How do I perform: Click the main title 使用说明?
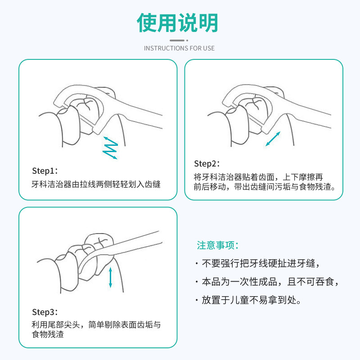coord(179,22)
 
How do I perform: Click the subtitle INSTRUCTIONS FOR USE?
coord(179,48)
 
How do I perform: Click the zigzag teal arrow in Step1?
coord(110,147)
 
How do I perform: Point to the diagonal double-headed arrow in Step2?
coord(273,139)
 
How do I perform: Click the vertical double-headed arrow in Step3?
coord(110,277)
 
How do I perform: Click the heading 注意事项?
coord(217,246)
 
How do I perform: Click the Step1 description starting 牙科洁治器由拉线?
coord(96,184)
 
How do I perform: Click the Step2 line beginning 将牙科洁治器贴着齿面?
coord(258,177)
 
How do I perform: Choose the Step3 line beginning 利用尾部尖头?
coord(96,325)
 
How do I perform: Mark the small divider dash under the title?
coord(179,40)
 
